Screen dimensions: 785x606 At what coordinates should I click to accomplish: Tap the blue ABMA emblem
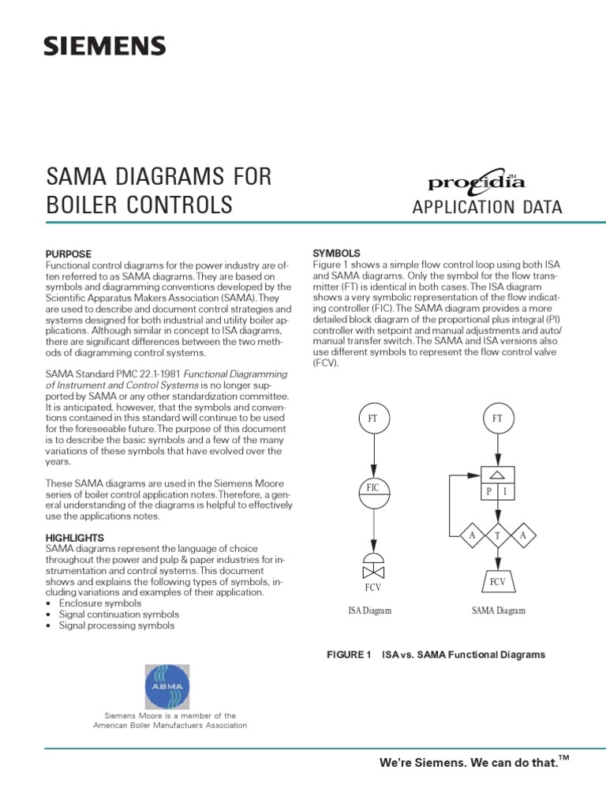pos(170,686)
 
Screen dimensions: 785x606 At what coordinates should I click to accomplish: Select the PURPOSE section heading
pos(69,254)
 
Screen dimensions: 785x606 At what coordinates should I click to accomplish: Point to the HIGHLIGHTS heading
pos(78,538)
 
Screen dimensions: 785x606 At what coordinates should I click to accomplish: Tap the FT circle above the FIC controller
pos(374,417)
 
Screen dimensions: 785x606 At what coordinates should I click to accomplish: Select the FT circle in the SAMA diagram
pos(497,417)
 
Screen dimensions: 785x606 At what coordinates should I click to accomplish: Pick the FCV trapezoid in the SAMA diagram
pos(497,583)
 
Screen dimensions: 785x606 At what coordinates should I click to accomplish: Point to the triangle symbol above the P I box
pos(497,474)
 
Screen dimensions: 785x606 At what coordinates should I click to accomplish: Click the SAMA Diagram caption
pos(498,610)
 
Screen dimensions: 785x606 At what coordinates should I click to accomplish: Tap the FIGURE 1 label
pos(349,655)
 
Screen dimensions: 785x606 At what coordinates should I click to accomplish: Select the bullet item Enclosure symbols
pos(103,603)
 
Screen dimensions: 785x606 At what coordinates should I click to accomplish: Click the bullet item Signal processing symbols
pos(114,625)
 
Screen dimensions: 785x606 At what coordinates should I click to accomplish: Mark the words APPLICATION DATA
pos(487,208)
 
